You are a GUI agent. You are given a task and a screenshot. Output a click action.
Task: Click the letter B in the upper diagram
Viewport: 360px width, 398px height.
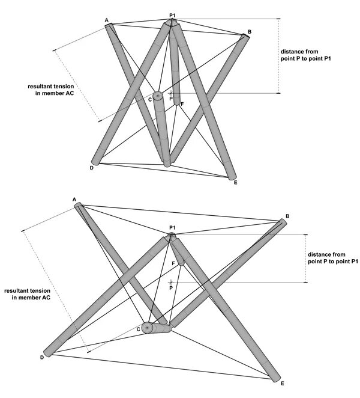coord(249,31)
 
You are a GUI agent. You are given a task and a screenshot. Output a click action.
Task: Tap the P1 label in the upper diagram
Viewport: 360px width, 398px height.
coord(173,14)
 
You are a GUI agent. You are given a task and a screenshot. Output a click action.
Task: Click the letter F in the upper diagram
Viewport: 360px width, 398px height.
coord(182,105)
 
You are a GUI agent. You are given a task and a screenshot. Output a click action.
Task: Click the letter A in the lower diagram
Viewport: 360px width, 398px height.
coord(74,199)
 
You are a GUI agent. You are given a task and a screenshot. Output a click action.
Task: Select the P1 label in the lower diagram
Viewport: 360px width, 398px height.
coord(172,228)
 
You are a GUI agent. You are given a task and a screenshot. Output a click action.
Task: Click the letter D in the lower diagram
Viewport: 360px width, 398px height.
coord(42,357)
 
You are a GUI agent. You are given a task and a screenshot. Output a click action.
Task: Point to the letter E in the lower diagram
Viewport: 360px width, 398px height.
coord(282,383)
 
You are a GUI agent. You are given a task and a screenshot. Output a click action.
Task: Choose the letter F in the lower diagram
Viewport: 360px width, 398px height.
coord(173,263)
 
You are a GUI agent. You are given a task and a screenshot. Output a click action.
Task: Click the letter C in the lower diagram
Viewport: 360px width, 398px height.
coord(138,329)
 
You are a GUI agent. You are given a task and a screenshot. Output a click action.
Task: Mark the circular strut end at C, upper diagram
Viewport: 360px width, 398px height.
coord(158,96)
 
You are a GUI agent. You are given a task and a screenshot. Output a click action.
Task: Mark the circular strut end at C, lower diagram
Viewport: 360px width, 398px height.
coord(147,328)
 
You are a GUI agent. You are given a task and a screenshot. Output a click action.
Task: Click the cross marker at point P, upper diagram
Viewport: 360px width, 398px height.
coord(171,93)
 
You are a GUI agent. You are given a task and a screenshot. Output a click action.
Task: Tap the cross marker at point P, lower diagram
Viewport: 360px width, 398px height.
coord(172,281)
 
